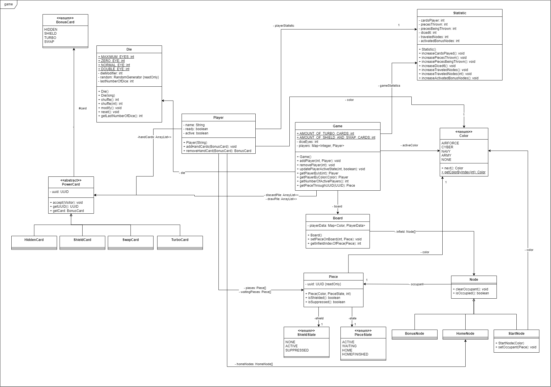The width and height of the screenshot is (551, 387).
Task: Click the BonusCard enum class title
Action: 65,22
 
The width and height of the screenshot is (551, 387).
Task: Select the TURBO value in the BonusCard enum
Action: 50,38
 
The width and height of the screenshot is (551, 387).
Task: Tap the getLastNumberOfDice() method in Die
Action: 120,116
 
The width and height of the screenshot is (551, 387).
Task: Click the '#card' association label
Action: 83,108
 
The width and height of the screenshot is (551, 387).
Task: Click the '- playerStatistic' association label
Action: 283,26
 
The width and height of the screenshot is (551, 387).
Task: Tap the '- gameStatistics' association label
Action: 389,86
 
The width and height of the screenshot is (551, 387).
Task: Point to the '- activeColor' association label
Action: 409,145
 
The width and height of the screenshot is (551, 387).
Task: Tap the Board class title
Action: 338,218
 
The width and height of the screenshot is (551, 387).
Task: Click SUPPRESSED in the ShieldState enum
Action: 297,350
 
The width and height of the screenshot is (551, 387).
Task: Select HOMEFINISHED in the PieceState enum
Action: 355,354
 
